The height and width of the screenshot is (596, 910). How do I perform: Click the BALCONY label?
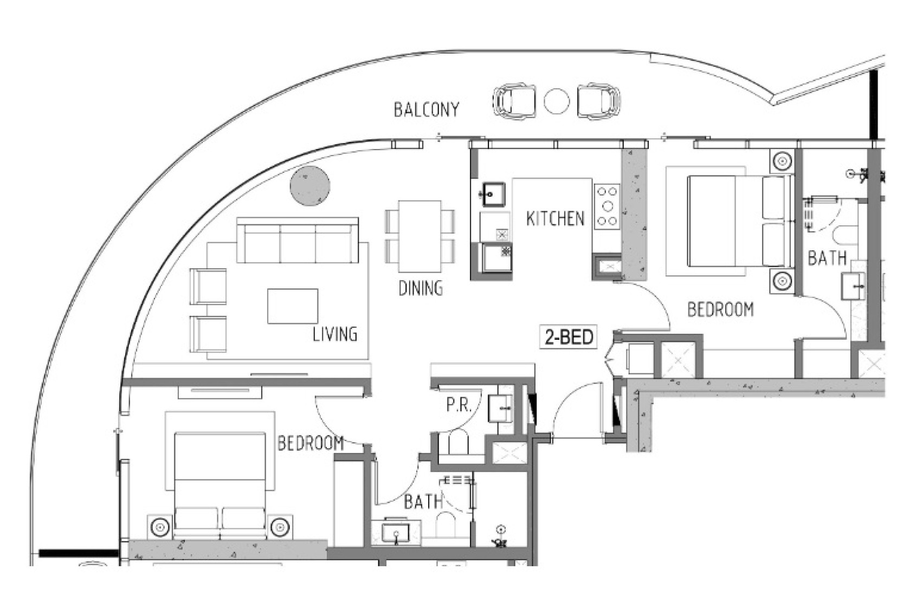pos(426,109)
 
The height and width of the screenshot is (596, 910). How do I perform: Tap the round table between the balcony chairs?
pos(557,101)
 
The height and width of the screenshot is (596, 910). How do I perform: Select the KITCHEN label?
pos(556,218)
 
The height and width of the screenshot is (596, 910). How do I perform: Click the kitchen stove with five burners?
pos(608,206)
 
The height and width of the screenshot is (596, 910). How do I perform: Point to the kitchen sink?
pos(494,194)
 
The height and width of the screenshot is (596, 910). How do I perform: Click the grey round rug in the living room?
pos(310,185)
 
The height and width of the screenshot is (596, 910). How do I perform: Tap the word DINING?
pos(421,288)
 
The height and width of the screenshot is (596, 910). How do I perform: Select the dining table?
pos(420,236)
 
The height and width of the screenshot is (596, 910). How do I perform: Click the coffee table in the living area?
pos(292,306)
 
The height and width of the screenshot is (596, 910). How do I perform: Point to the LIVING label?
pos(335,334)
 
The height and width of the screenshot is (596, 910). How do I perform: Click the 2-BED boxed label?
pos(569,338)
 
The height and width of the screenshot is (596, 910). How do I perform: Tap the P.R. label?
pos(459,405)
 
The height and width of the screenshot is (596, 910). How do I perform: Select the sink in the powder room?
pos(500,408)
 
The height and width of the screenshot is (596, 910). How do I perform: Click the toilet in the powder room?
pos(459,443)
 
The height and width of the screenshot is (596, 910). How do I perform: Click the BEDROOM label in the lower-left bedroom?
pos(311,443)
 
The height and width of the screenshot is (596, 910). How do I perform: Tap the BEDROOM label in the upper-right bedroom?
pos(720,309)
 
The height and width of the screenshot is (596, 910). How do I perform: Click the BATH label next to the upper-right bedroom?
pos(827,258)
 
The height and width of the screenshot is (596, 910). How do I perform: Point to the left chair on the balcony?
pos(513,101)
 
